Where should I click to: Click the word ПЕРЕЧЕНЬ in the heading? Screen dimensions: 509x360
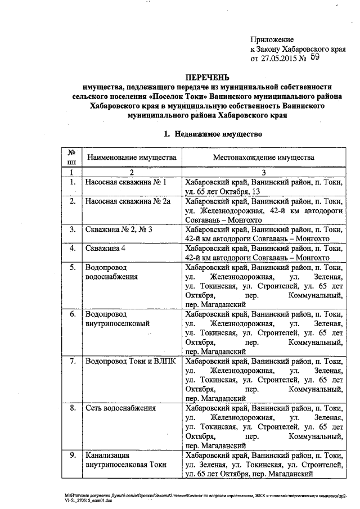[208, 77]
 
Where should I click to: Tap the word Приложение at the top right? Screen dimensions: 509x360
[272, 39]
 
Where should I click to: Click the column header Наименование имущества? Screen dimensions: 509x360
[132, 158]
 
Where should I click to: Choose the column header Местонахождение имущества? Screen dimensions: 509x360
[263, 158]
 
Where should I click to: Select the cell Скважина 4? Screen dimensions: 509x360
[105, 247]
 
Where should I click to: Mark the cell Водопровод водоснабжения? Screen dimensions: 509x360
[111, 272]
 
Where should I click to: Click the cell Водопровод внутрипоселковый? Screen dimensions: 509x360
[117, 318]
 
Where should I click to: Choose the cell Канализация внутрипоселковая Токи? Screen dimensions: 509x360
[127, 460]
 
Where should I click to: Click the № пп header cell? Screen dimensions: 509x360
[72, 157]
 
